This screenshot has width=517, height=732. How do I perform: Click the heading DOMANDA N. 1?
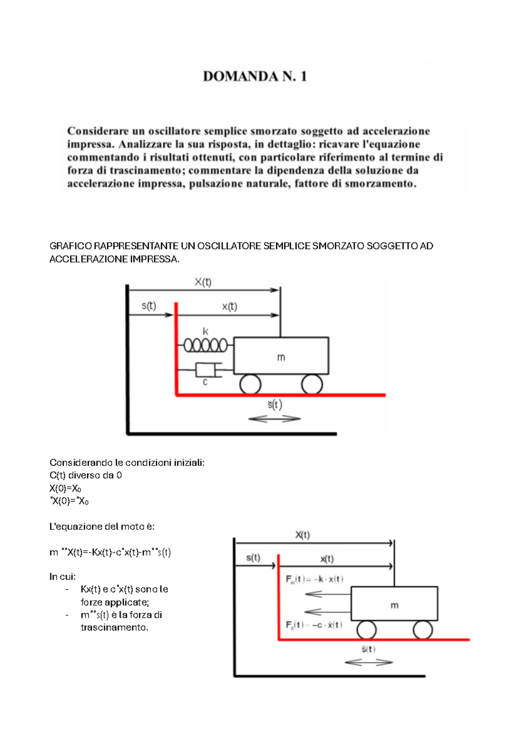(x=255, y=76)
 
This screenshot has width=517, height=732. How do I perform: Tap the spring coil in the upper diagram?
(x=206, y=345)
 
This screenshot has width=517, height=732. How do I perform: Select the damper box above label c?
(x=205, y=369)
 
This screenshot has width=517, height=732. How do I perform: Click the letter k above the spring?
(x=206, y=331)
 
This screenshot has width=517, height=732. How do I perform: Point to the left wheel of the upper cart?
(x=250, y=384)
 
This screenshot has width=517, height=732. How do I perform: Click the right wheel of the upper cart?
(x=312, y=384)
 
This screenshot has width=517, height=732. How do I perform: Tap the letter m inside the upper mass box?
(x=281, y=357)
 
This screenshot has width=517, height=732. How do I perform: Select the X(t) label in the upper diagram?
(x=203, y=282)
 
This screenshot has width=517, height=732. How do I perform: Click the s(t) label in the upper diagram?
(x=149, y=306)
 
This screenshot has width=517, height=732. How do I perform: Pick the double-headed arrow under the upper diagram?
(x=274, y=418)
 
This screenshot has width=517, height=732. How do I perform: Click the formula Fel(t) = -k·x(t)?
(x=315, y=579)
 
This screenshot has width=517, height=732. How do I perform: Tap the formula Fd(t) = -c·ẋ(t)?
(x=314, y=625)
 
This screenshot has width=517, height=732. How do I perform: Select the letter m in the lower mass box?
(x=394, y=605)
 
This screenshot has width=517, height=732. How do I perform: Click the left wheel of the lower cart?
(x=366, y=630)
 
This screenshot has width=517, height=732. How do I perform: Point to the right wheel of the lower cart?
(x=423, y=630)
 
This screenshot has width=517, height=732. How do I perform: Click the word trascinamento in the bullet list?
(x=114, y=627)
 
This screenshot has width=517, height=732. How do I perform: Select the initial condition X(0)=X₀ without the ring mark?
(x=65, y=488)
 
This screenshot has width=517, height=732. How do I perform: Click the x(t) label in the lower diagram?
(x=327, y=559)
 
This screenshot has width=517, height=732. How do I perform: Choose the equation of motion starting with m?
(x=110, y=552)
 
